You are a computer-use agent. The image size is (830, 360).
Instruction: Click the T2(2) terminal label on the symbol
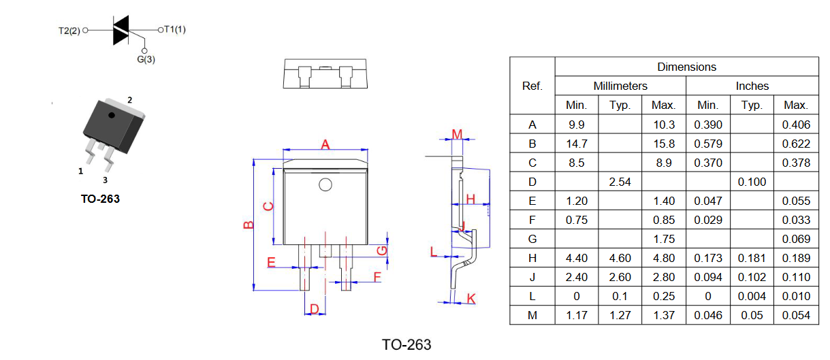click(69, 31)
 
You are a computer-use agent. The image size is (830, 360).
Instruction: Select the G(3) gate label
click(146, 59)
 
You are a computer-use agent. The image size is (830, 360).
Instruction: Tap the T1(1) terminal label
click(174, 29)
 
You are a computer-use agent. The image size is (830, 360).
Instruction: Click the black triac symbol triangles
click(121, 30)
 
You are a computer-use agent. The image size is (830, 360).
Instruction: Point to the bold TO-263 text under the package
click(100, 199)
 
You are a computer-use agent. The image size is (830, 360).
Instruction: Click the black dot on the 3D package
click(112, 115)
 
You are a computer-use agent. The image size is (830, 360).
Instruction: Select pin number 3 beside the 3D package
click(106, 180)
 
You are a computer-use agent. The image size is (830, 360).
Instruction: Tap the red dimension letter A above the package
click(325, 144)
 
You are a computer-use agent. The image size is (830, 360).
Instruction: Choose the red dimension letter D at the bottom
click(314, 308)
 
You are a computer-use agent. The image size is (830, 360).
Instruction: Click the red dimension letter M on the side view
click(458, 134)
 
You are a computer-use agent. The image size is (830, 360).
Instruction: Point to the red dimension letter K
click(471, 299)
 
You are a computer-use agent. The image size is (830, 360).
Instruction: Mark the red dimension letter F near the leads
click(377, 277)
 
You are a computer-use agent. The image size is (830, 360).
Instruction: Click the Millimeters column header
click(620, 86)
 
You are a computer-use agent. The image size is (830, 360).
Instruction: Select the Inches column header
click(752, 86)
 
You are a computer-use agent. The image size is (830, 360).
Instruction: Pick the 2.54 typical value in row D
click(620, 182)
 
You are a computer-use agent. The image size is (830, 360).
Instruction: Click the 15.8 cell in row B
click(664, 144)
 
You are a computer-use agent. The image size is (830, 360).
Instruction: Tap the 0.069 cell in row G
click(796, 239)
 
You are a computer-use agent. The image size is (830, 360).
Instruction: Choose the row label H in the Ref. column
click(532, 258)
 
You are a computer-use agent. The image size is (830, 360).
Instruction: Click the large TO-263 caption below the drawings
click(406, 345)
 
